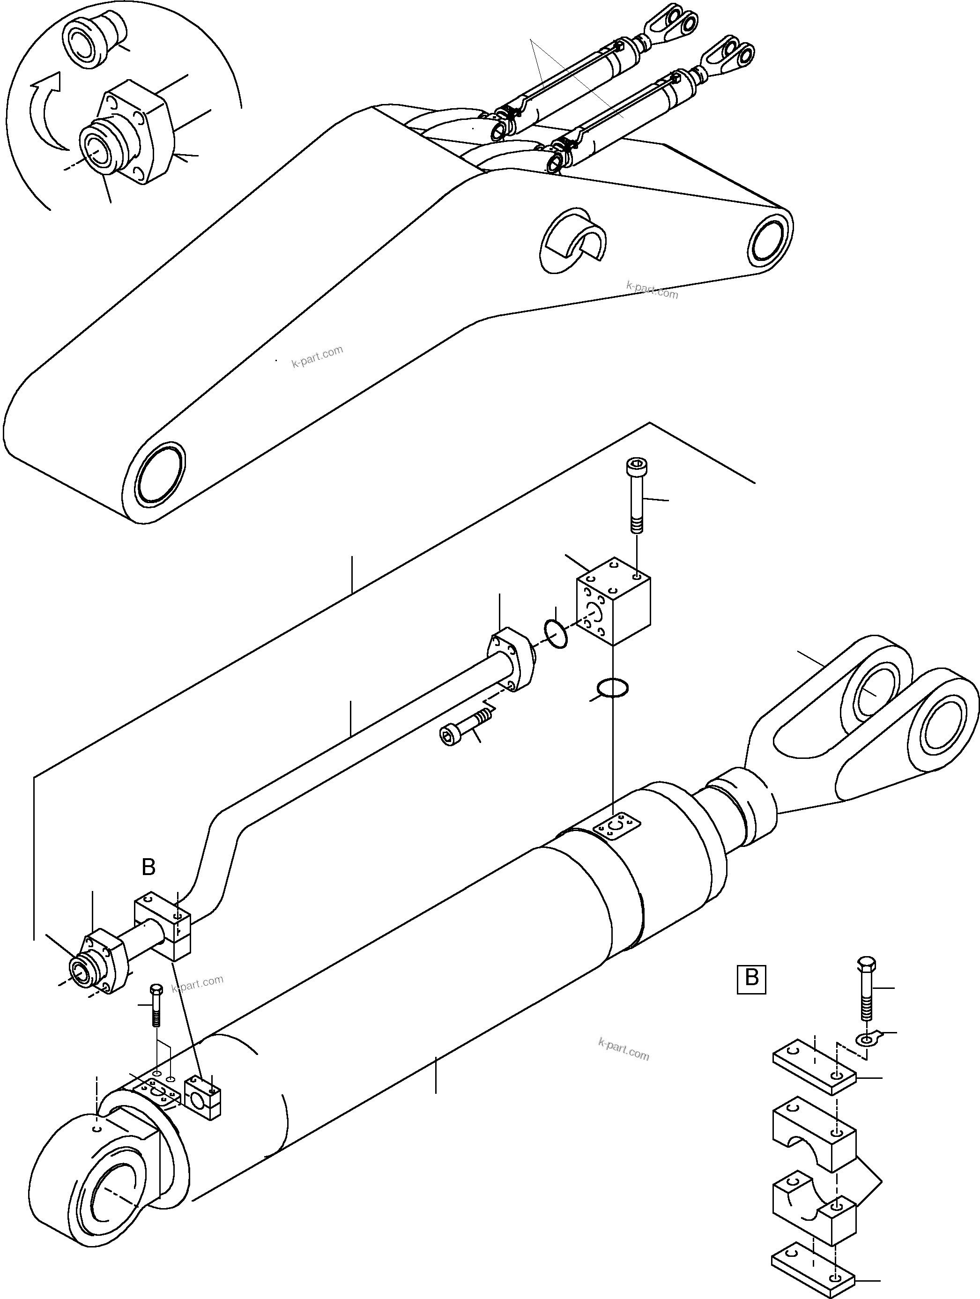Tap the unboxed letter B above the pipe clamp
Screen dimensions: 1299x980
tap(148, 867)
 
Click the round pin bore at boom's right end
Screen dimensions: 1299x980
tap(769, 239)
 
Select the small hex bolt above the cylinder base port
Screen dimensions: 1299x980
tap(156, 1005)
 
